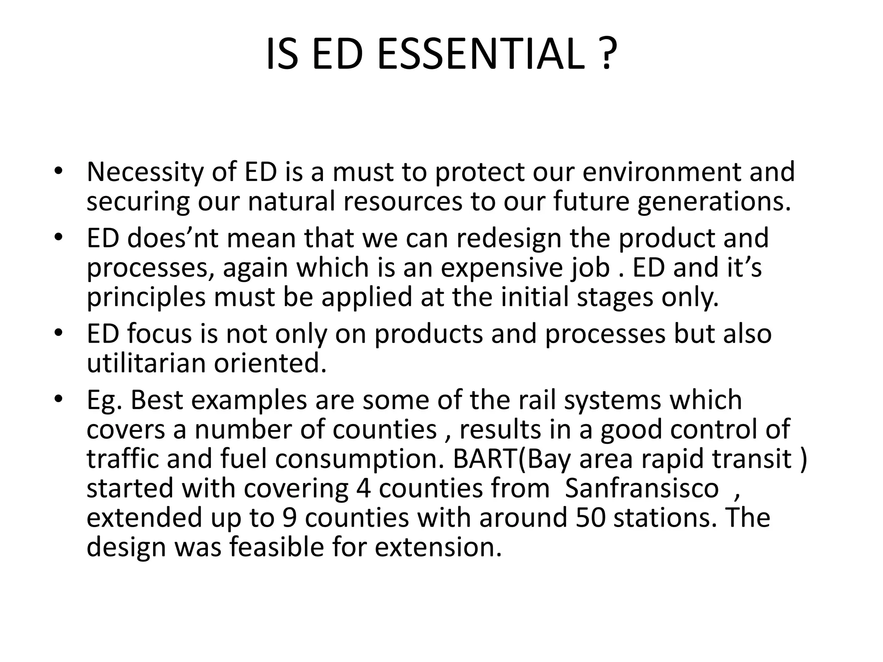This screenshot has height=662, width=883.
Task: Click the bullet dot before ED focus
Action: [x=59, y=334]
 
